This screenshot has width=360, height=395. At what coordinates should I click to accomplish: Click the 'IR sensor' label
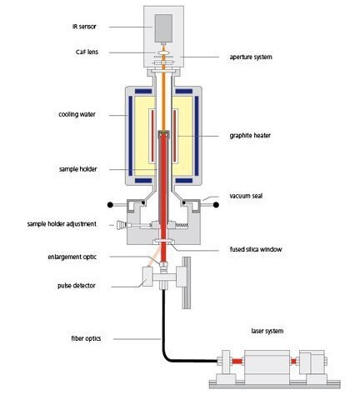84,27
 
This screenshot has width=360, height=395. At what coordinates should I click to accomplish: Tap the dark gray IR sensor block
163,28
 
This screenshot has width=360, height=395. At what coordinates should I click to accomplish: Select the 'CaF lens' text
87,52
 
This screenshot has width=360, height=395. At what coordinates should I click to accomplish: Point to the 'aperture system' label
251,57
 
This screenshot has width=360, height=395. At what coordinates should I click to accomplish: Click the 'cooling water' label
77,114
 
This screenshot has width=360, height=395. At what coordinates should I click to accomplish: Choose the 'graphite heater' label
250,136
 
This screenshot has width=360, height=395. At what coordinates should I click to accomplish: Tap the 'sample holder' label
78,169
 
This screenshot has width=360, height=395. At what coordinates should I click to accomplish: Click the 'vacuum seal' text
246,196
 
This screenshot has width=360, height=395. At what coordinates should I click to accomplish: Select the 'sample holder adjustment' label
62,224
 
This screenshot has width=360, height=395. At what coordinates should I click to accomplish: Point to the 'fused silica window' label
256,249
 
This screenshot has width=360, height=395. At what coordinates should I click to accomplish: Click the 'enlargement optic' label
72,257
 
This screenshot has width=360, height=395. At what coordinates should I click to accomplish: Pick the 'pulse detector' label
77,286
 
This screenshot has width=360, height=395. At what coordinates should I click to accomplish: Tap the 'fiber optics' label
86,338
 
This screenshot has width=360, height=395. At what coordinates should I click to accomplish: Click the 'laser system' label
267,331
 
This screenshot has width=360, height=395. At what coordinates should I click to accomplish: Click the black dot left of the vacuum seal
110,205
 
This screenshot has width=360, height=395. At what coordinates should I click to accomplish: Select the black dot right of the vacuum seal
216,205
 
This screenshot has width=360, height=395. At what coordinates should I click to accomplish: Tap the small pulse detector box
147,277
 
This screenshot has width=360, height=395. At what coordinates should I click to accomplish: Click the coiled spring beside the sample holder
182,225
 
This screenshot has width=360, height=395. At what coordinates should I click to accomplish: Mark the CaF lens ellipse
163,52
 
